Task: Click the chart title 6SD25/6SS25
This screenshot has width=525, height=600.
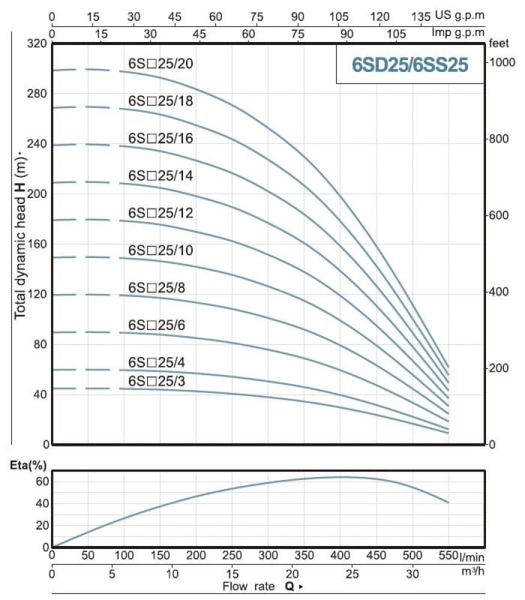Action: coord(410,64)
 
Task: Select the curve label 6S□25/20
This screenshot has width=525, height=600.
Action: coord(160,64)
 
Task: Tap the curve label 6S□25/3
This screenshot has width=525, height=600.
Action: coord(157,381)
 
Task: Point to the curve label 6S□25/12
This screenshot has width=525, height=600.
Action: coord(160,213)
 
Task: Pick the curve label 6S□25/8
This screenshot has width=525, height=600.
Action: coord(157,288)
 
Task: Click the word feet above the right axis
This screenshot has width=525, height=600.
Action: coord(499,44)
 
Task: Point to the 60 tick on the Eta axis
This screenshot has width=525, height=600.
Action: coord(41,481)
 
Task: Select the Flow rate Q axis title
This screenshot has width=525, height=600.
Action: coord(260,586)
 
